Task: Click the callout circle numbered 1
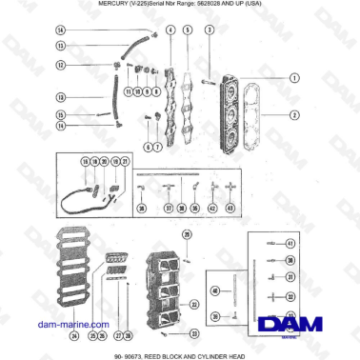[295, 77]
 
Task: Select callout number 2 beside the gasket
[295, 115]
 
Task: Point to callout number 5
[189, 30]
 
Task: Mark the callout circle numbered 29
[187, 234]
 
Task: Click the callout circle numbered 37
[168, 207]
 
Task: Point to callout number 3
[210, 30]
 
